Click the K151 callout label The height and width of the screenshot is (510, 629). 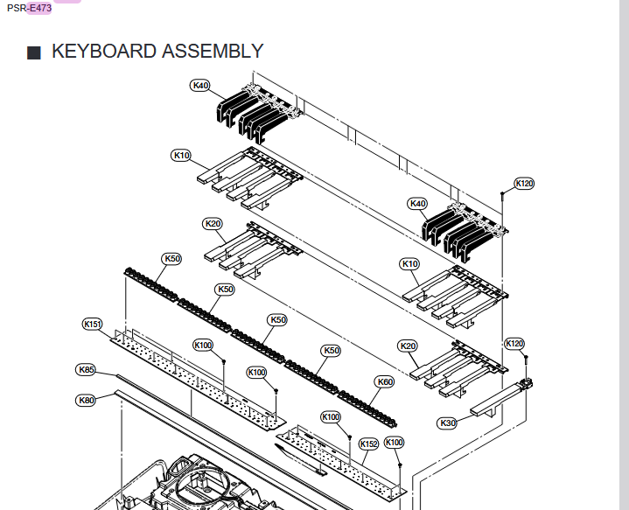93,324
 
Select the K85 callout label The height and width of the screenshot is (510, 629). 86,369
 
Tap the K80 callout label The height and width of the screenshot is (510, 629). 86,400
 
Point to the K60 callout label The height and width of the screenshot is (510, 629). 384,381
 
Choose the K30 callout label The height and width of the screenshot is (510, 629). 447,423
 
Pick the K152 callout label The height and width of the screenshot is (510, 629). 369,444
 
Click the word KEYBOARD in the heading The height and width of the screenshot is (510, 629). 104,51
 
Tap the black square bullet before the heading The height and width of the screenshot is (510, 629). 34,52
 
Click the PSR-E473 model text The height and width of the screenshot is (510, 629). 29,8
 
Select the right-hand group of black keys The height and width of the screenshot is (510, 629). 459,231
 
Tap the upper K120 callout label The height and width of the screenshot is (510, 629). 524,184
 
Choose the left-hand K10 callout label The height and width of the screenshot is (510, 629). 181,155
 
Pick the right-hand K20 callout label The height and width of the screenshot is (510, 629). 408,346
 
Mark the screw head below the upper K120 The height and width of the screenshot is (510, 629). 501,193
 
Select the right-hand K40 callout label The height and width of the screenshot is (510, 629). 418,204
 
